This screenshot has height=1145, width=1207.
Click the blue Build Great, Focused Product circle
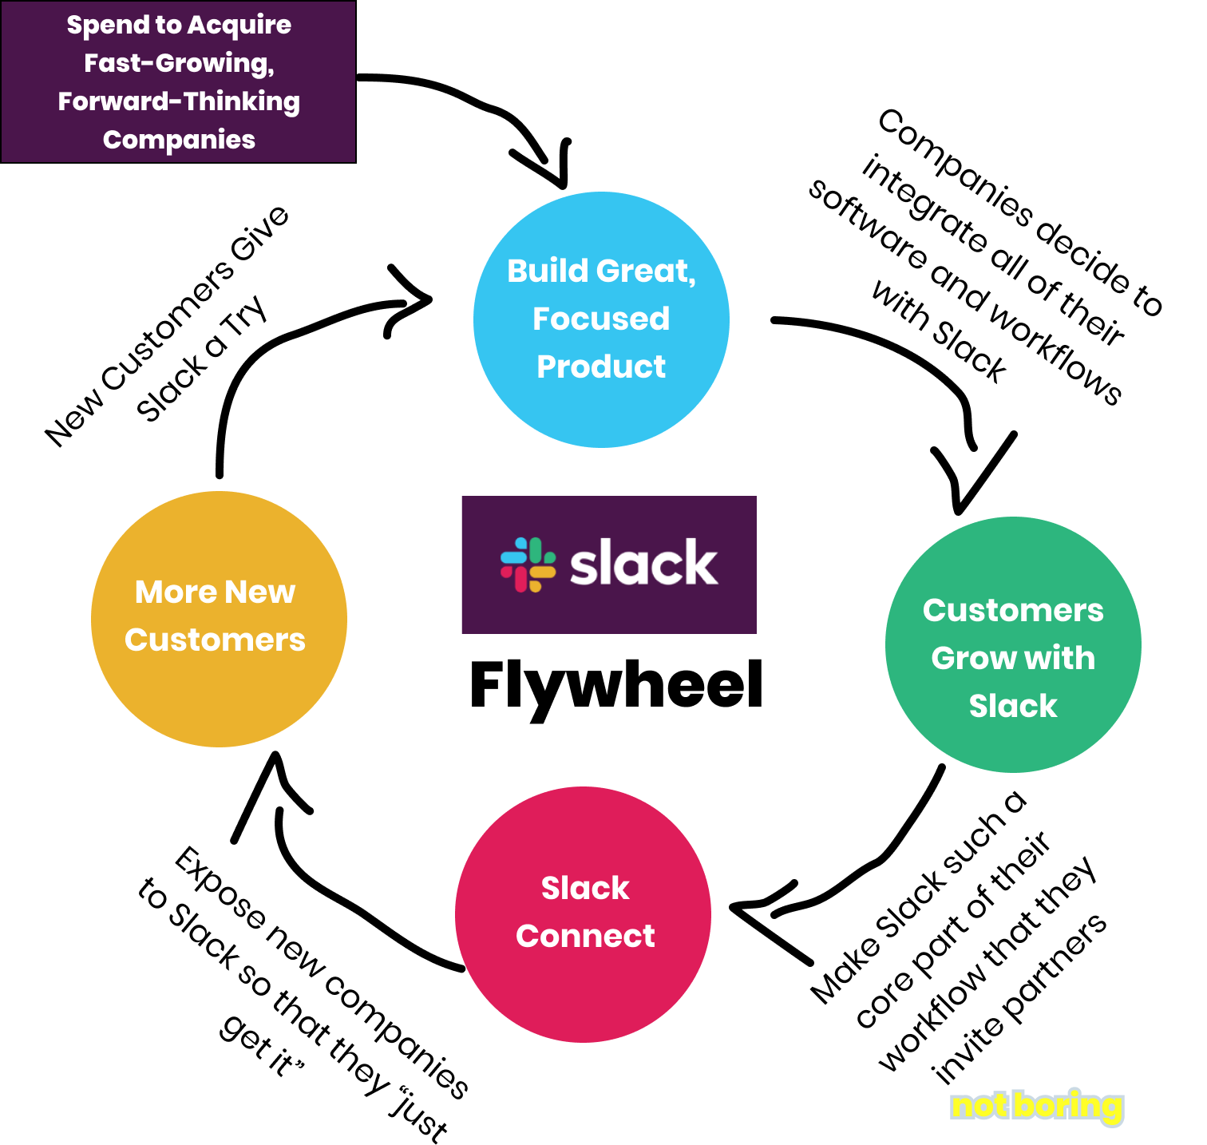coord(601,319)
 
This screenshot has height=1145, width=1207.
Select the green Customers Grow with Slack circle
coord(1012,644)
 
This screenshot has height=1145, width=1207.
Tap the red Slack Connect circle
coord(583,914)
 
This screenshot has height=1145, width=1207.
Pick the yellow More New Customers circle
coord(219,619)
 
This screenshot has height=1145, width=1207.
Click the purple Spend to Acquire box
coord(178,82)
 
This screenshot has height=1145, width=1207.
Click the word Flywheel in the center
coord(615,685)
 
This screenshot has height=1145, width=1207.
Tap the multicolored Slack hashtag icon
coord(528,565)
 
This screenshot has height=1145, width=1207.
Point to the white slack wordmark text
coord(643,564)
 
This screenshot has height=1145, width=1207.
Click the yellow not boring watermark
coord(1036,1106)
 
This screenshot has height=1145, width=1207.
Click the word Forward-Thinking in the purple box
coord(179,101)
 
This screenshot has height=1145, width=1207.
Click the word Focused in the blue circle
coord(600,319)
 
